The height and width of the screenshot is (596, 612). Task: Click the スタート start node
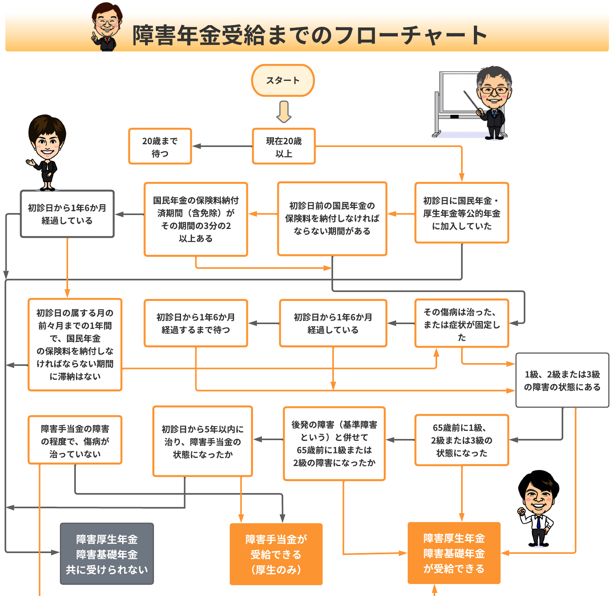[x=283, y=80]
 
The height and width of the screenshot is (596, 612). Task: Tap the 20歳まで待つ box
[x=160, y=147]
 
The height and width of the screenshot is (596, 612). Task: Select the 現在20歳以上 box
[x=284, y=147]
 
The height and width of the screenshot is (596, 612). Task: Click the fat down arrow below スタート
[x=284, y=111]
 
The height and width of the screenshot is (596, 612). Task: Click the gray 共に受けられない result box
[x=107, y=554]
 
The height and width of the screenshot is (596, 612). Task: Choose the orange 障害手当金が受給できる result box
[x=276, y=554]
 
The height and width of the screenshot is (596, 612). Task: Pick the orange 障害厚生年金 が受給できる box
[x=454, y=553]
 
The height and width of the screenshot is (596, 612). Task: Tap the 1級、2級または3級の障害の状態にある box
[x=562, y=380]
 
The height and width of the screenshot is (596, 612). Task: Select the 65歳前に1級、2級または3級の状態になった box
[x=462, y=440]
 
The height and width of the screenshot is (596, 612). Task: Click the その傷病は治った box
[x=462, y=324]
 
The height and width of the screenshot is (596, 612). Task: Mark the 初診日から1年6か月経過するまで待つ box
[x=196, y=323]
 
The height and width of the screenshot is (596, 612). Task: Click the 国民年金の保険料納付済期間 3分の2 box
[x=196, y=219]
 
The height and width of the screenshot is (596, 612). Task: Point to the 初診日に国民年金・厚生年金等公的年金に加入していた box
[x=462, y=213]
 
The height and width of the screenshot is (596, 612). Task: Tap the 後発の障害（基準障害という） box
[x=334, y=444]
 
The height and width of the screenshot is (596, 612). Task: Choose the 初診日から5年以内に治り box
[x=203, y=441]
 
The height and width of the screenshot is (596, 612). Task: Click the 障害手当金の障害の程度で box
[x=75, y=440]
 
